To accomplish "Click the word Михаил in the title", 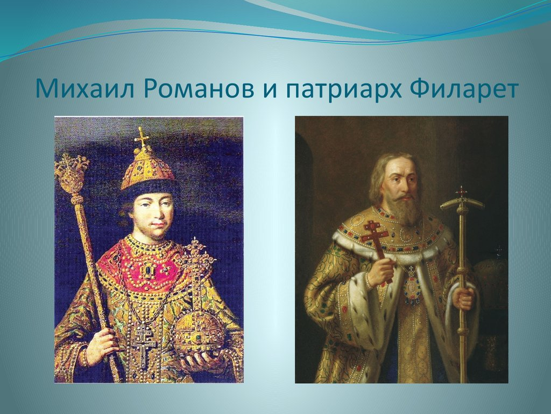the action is (x=85, y=89).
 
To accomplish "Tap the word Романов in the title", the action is (x=199, y=89).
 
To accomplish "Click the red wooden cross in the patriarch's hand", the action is (x=377, y=246).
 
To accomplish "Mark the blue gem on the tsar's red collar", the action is (x=146, y=271).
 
